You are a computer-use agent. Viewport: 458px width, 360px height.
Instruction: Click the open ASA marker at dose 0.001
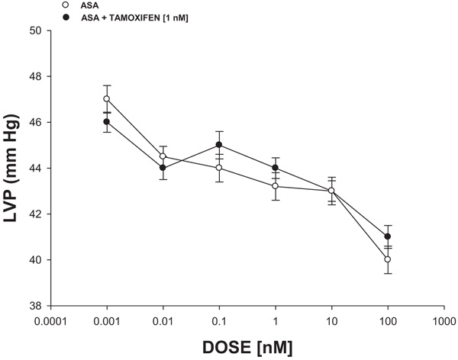coord(107,99)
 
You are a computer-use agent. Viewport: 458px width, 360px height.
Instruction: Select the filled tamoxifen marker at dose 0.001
coord(107,122)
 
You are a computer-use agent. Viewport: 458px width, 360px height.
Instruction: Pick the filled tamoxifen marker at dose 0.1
coord(219,145)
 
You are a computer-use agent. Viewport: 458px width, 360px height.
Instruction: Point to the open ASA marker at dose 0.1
coord(219,168)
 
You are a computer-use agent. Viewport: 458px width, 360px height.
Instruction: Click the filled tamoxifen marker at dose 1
coord(276,168)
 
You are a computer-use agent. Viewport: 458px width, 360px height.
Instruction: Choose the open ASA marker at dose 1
coord(276,186)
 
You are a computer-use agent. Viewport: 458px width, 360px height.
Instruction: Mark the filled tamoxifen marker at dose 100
coord(388,236)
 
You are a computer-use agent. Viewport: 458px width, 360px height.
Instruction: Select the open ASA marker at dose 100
coord(388,259)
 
